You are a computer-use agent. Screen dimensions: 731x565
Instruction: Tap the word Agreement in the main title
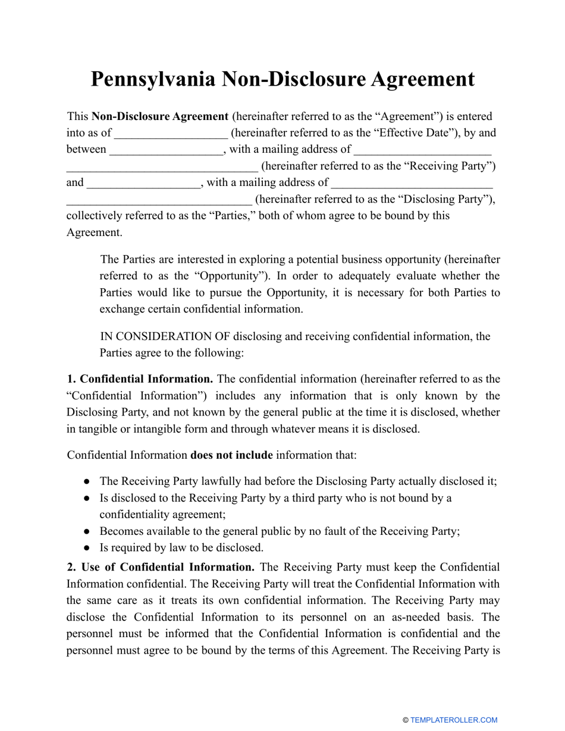pos(409,79)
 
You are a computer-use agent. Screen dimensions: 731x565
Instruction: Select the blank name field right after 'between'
pos(167,150)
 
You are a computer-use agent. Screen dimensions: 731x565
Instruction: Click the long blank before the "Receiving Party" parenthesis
pos(162,166)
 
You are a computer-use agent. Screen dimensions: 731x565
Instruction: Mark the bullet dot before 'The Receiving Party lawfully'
pos(87,481)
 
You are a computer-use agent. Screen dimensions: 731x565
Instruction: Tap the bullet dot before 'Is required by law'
pos(87,548)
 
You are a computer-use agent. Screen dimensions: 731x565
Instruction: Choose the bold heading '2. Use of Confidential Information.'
pos(161,567)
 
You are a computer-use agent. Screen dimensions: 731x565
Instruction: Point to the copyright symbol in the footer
pos(406,720)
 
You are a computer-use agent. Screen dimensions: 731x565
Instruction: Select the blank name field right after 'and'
pos(144,183)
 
